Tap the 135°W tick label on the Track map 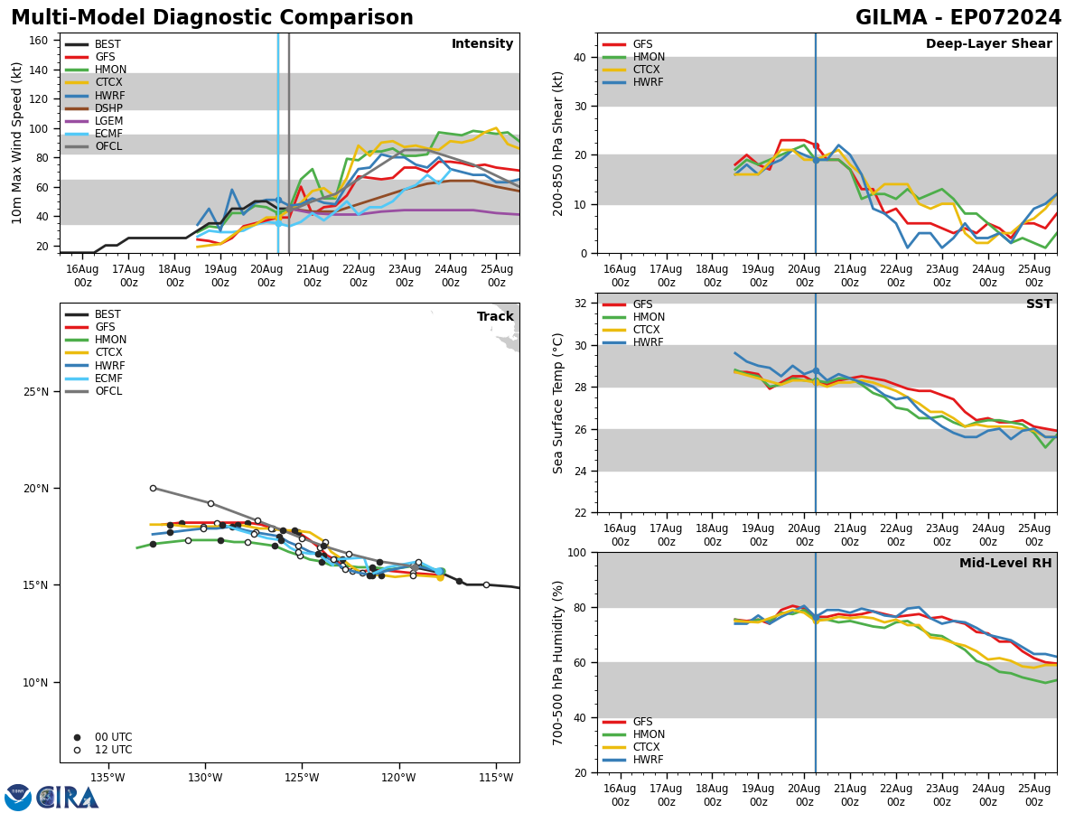pos(107,778)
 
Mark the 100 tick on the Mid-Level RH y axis pos(579,552)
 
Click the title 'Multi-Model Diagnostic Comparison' pos(212,18)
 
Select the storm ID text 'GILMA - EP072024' pos(958,18)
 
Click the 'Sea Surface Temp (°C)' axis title pos(559,403)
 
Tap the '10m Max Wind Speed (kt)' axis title pos(17,143)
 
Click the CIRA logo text pos(68,798)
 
